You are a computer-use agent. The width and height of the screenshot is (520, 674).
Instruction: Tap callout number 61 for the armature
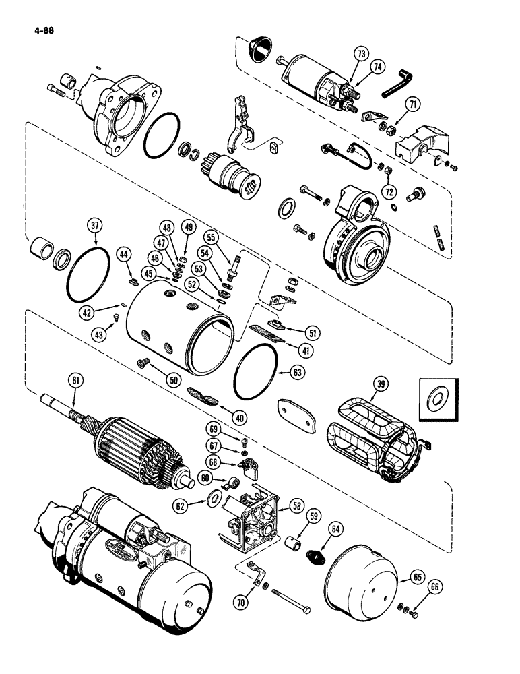74,381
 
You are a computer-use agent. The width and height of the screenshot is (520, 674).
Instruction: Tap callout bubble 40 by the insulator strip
236,417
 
